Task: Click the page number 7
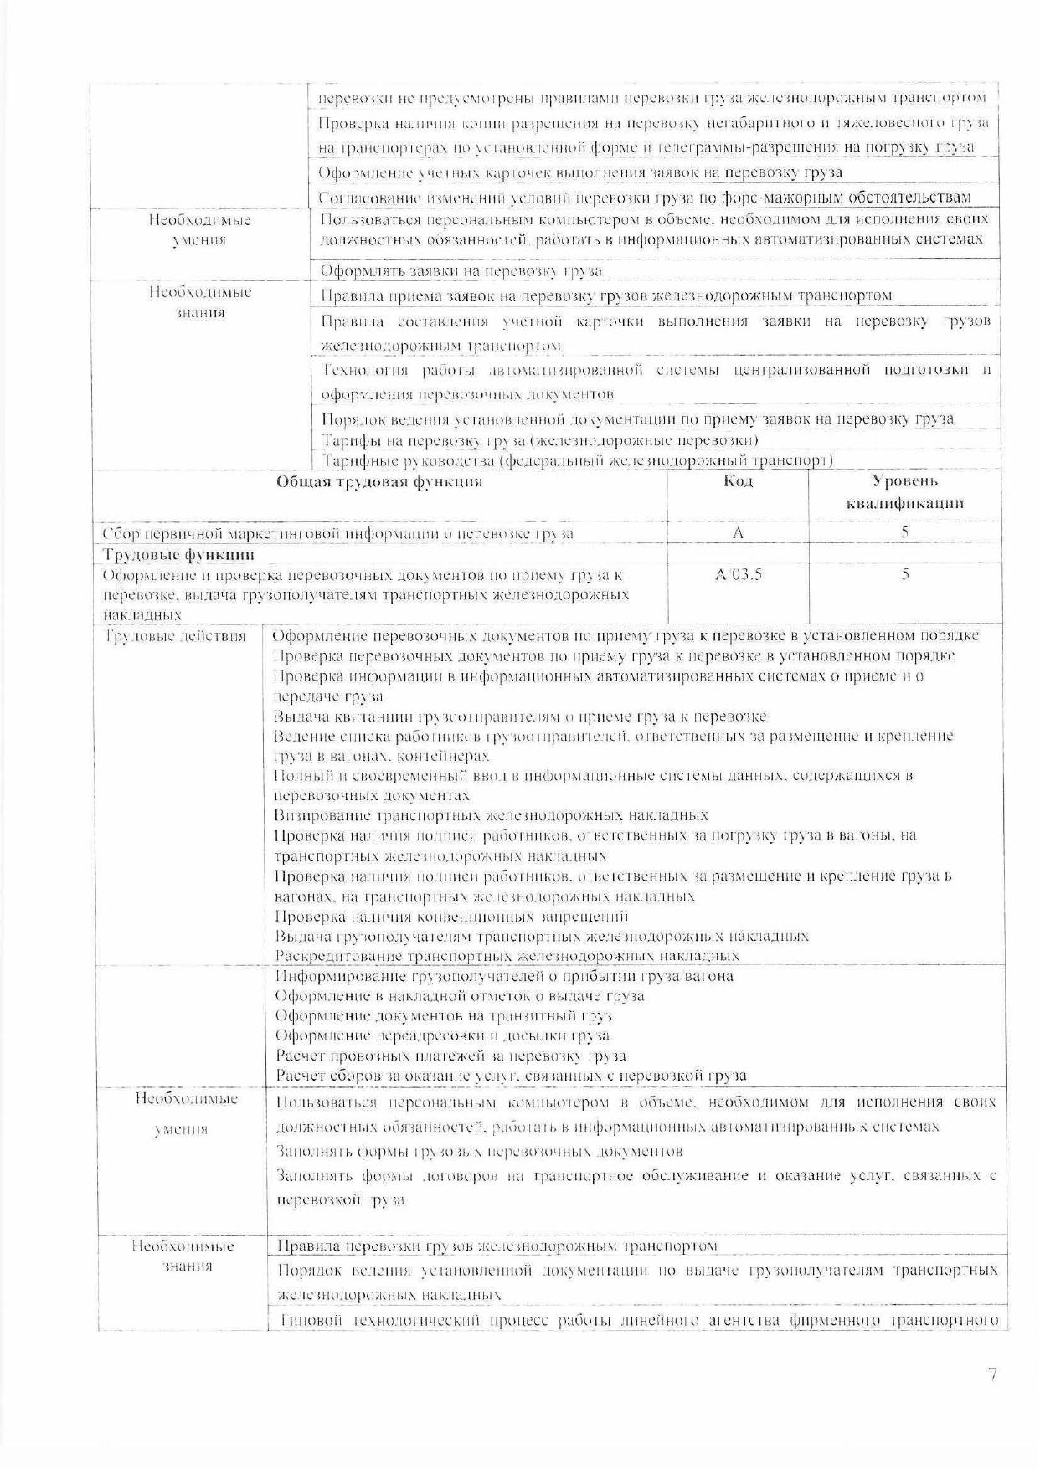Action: coord(992,1374)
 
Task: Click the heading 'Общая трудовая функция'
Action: coord(379,481)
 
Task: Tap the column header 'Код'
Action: coord(738,481)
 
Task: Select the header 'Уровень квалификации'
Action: coord(904,492)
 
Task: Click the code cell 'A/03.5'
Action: coord(738,575)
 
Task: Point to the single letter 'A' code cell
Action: coord(738,533)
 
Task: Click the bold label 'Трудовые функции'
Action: coord(178,555)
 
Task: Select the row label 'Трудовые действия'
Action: coord(176,637)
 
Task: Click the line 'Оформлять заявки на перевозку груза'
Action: coord(461,271)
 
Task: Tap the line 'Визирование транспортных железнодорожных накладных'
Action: coord(492,815)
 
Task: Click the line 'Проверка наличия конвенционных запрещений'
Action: coord(451,917)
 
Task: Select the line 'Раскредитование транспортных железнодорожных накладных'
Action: coord(507,956)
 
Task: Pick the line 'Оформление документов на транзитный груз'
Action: coord(444,1016)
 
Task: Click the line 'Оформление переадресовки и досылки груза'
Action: coord(443,1036)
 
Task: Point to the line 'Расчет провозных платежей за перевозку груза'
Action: coord(450,1056)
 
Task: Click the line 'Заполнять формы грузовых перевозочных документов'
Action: coord(480,1152)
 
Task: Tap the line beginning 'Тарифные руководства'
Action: coord(578,460)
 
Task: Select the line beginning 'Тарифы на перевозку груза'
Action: coord(541,440)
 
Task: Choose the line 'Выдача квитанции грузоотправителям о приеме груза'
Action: coord(520,717)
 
